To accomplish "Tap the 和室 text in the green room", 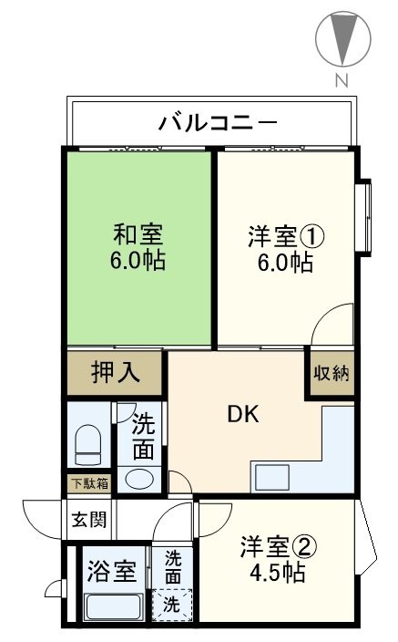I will tap(138, 233).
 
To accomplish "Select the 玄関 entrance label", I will tap(87, 521).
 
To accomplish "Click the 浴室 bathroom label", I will tap(111, 572).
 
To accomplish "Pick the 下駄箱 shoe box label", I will tap(89, 483).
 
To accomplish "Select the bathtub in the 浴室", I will tap(111, 605).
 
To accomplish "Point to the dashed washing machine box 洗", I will tap(170, 604).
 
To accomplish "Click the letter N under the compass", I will tap(342, 81).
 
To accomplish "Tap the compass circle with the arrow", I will tap(342, 39).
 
